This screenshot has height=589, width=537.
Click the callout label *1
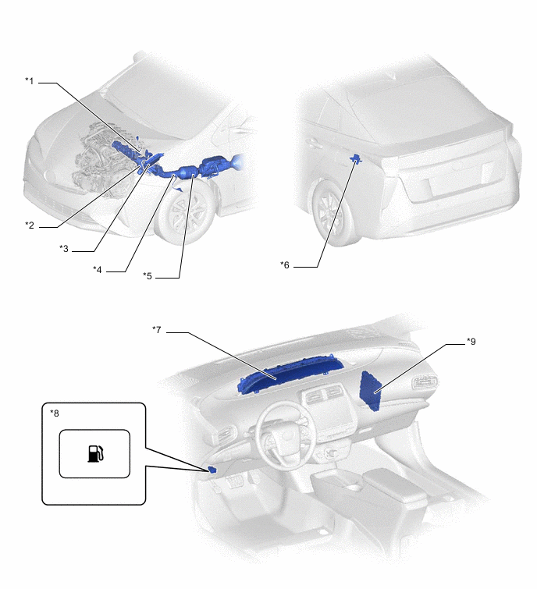click(30, 81)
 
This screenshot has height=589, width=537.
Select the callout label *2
click(30, 225)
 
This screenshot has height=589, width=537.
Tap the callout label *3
click(64, 248)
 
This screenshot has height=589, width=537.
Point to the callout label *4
click(98, 269)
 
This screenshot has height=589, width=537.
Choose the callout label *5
click(148, 275)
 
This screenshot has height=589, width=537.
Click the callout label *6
click(285, 264)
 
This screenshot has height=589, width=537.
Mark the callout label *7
click(157, 329)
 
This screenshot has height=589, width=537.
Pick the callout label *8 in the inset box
click(55, 413)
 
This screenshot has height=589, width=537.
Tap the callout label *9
click(471, 341)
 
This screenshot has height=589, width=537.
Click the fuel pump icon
click(95, 453)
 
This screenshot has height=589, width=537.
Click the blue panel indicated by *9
click(371, 392)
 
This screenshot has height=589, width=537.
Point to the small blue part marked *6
click(355, 160)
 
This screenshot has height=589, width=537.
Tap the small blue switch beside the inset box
click(212, 470)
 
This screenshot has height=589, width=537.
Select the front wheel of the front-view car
click(187, 213)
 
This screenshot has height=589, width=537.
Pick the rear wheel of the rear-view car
click(333, 213)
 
